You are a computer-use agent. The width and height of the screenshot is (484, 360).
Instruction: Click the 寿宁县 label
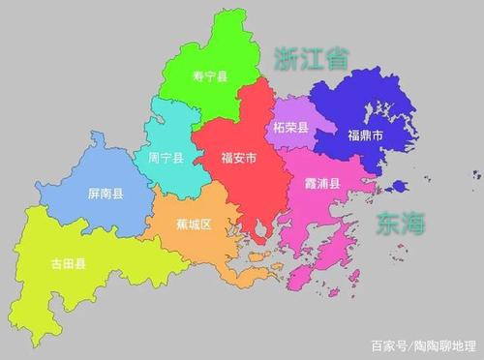coord(209,76)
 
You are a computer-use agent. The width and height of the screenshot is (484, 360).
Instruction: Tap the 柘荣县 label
coord(290,128)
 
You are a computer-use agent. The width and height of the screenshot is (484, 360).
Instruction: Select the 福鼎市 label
coord(365,137)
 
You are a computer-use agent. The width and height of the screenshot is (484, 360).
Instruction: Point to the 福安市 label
coord(238,158)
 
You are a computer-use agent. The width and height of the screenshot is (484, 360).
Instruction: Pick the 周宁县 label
coord(166,158)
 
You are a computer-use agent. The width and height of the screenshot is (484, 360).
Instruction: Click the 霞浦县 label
coord(322,184)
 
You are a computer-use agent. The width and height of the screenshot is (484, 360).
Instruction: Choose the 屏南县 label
coord(105,195)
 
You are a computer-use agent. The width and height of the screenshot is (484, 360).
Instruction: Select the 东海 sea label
coord(400,225)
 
